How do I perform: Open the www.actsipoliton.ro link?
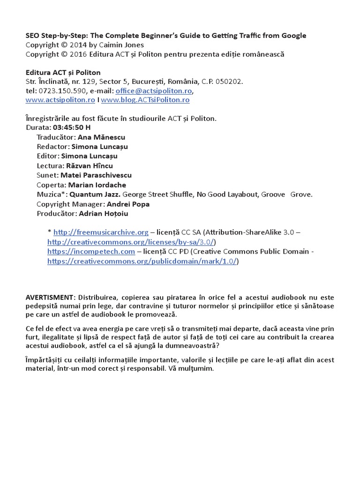(x=60, y=100)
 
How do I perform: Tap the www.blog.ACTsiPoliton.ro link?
(x=145, y=100)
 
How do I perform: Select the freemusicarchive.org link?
(x=101, y=232)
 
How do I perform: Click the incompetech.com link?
(x=91, y=252)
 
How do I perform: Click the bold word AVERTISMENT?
(x=50, y=298)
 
